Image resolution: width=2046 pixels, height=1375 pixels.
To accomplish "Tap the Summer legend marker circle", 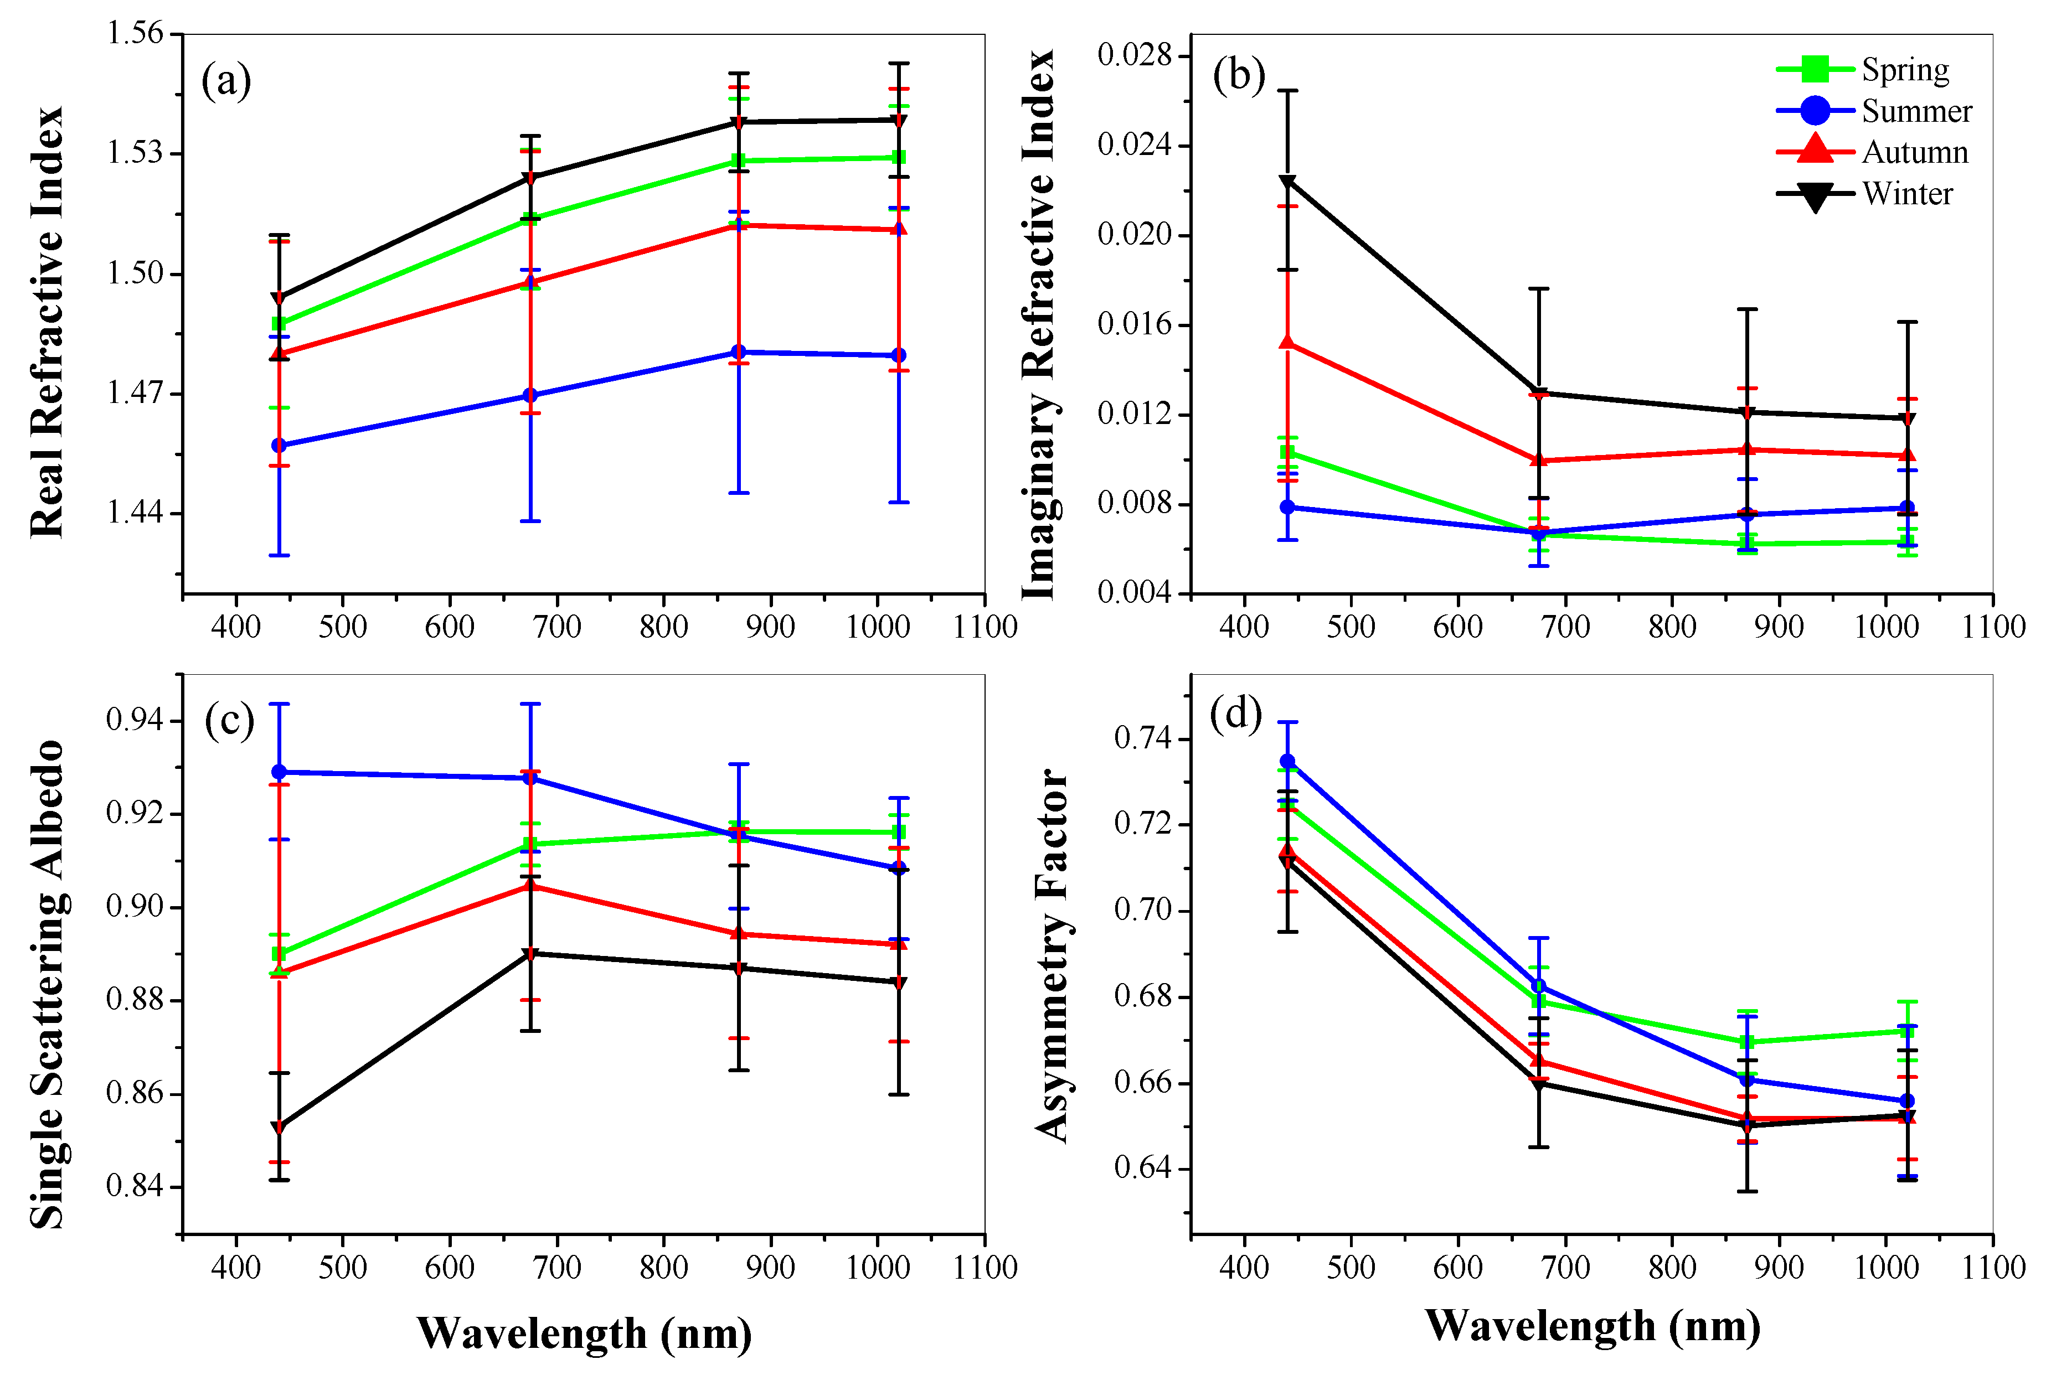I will click(x=1815, y=111).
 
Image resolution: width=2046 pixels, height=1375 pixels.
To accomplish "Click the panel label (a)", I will click(x=226, y=81).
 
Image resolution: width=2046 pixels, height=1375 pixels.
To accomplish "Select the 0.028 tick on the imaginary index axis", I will click(x=1134, y=55).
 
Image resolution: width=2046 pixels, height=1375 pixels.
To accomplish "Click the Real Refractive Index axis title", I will click(x=48, y=321).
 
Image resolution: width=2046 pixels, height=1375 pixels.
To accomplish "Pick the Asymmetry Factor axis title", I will click(x=1053, y=956).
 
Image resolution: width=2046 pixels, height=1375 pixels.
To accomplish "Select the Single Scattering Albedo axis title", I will click(x=48, y=984).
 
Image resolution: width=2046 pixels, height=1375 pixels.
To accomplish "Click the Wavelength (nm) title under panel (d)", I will click(x=1592, y=1325).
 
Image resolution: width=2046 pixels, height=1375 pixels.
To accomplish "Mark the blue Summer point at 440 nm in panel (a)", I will click(x=279, y=446).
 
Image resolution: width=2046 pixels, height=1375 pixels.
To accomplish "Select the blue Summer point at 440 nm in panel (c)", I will click(x=279, y=772).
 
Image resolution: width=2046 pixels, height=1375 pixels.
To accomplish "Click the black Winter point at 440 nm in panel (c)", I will click(x=279, y=1128).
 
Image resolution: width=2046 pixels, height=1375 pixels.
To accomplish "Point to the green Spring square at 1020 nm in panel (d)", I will click(x=1906, y=1031).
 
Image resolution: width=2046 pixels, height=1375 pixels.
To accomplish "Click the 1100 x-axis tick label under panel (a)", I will click(x=985, y=628).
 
